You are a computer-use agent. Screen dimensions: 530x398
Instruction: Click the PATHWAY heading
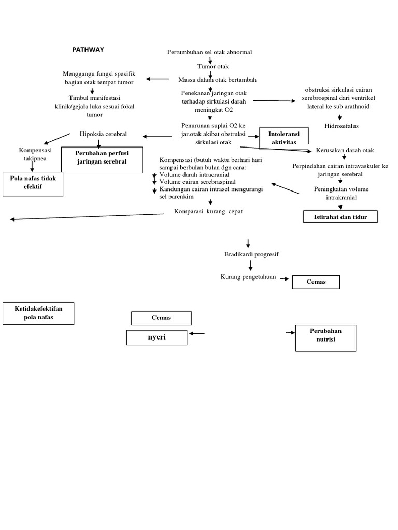pos(88,50)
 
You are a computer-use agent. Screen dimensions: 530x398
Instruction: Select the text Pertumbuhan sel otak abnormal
pos(210,52)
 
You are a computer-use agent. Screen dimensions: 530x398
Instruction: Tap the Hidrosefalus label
pos(341,126)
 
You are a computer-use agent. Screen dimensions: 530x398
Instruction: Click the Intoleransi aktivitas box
pos(283,137)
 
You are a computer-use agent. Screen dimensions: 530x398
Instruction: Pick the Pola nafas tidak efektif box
pos(33,183)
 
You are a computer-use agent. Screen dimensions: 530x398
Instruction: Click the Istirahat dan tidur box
pos(340,217)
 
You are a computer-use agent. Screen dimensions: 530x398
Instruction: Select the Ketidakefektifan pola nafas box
pos(38,313)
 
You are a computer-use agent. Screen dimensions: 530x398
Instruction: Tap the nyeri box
pos(157,337)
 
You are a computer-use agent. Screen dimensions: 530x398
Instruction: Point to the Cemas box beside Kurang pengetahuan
pos(316,282)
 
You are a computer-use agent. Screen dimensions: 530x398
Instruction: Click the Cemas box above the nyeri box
pos(161,318)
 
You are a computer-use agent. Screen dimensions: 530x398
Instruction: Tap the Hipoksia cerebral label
pos(103,134)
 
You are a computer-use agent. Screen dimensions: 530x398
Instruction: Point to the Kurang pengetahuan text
pos(248,277)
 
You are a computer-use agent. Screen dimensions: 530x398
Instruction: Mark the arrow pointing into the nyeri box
pos(197,334)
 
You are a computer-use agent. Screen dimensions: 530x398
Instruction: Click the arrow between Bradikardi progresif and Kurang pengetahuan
pos(251,265)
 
